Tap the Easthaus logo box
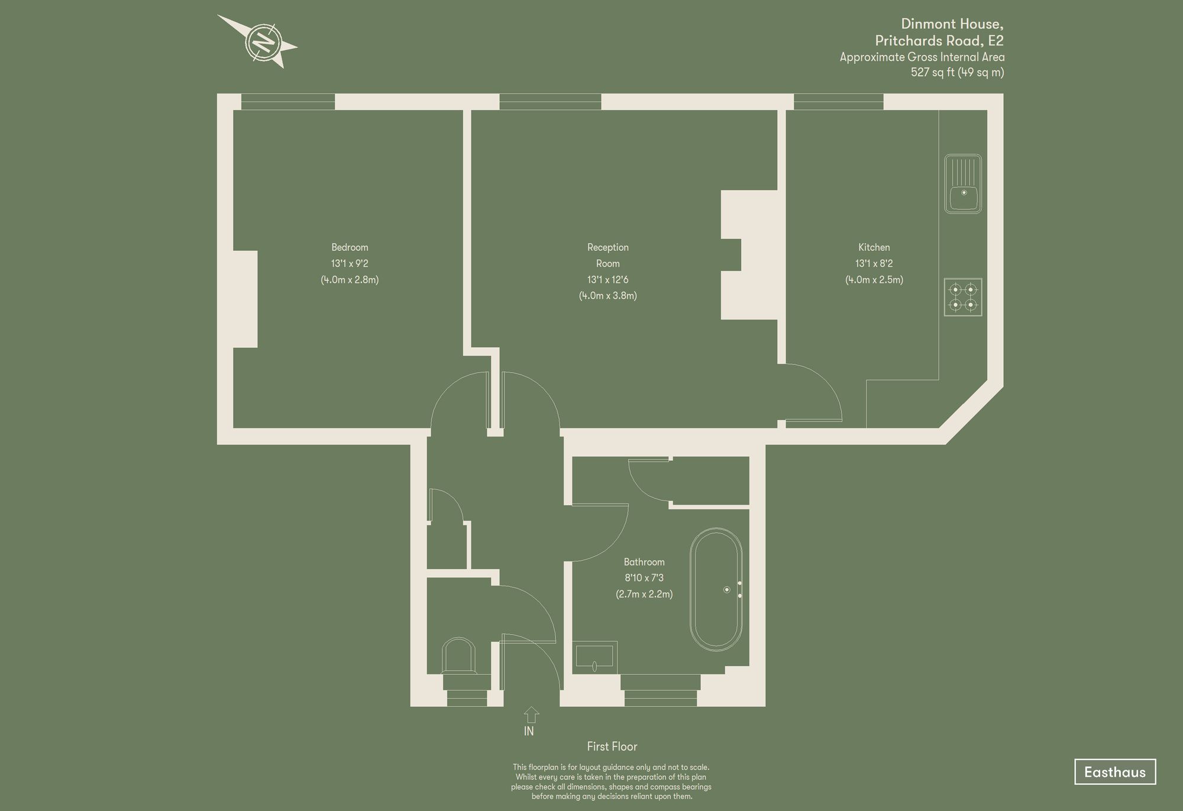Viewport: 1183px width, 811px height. pyautogui.click(x=1114, y=771)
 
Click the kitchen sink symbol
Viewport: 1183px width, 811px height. pyautogui.click(x=963, y=184)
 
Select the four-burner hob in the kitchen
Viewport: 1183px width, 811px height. pyautogui.click(x=963, y=297)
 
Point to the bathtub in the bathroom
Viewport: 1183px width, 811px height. pyautogui.click(x=716, y=590)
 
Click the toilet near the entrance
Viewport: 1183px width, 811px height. pyautogui.click(x=458, y=656)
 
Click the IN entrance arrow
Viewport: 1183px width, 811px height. pyautogui.click(x=531, y=715)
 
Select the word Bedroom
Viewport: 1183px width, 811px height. pyautogui.click(x=350, y=247)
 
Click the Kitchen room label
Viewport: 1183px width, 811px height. pyautogui.click(x=874, y=247)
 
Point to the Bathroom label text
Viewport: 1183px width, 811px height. pyautogui.click(x=644, y=562)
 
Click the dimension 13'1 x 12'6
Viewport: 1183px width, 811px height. pyautogui.click(x=607, y=279)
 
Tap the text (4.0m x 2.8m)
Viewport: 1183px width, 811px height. pyautogui.click(x=350, y=280)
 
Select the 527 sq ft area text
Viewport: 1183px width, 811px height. pyautogui.click(x=957, y=72)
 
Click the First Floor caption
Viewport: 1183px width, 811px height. pyautogui.click(x=612, y=747)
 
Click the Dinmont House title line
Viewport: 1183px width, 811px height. pyautogui.click(x=952, y=24)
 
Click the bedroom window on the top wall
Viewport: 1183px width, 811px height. pyautogui.click(x=288, y=102)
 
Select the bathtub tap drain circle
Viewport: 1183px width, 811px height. pyautogui.click(x=727, y=590)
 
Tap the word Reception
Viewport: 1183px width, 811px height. pyautogui.click(x=607, y=247)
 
